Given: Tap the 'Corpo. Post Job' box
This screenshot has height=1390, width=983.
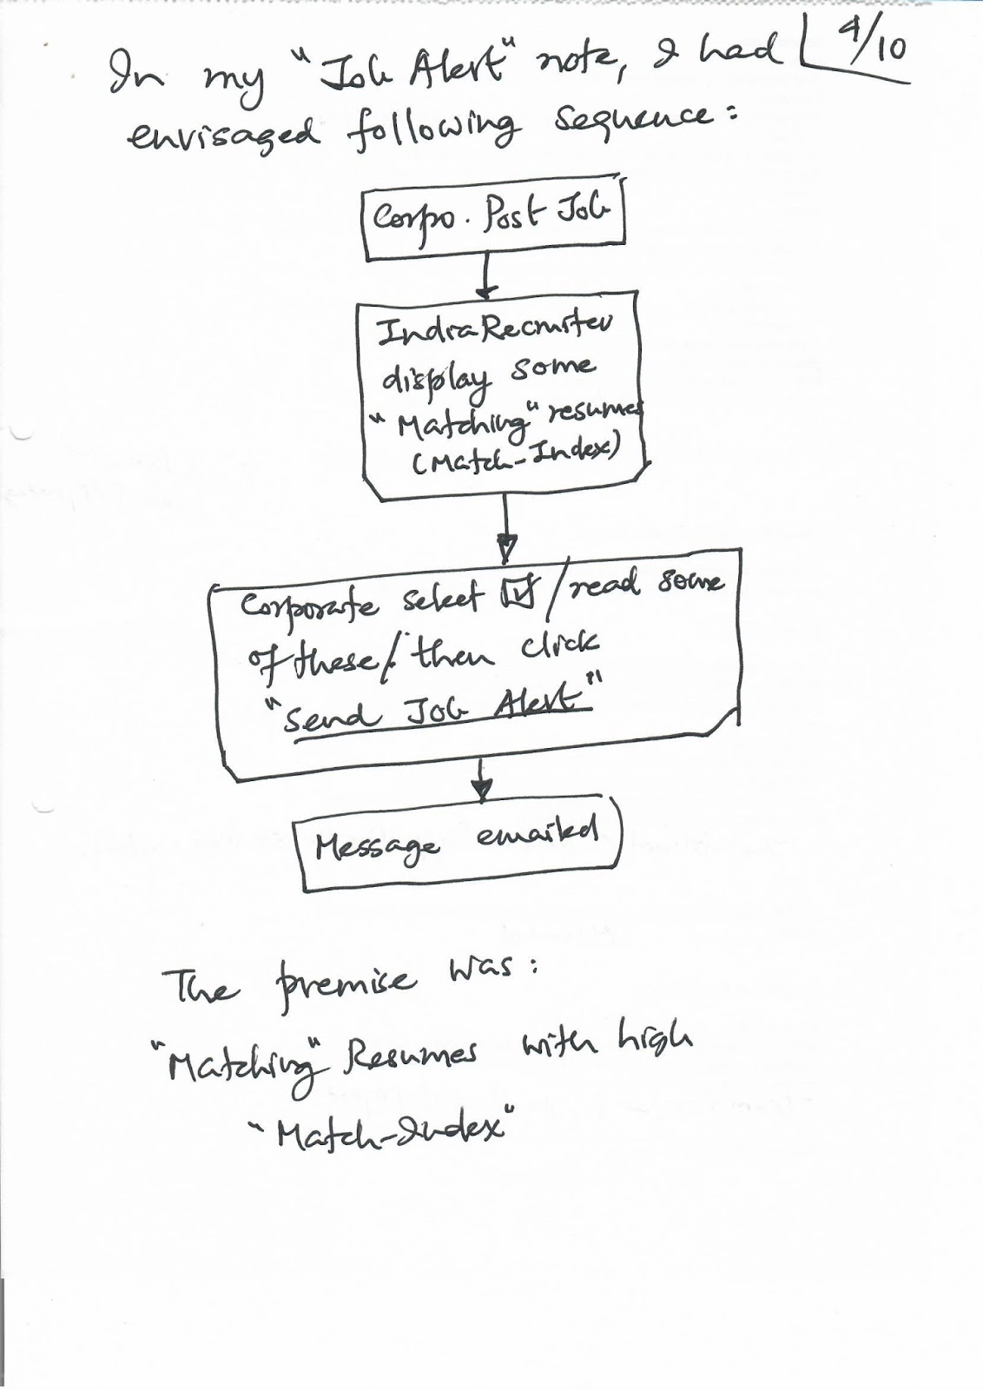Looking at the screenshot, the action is click(492, 224).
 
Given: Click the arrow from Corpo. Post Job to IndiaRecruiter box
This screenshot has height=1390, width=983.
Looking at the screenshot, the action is click(487, 279).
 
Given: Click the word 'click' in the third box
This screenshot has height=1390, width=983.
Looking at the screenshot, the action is click(559, 645).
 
